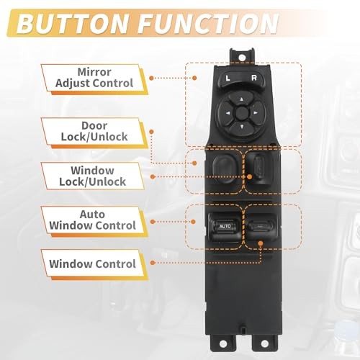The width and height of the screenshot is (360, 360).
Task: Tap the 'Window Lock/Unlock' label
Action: [94, 175]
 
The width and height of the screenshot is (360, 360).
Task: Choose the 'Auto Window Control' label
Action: [94, 220]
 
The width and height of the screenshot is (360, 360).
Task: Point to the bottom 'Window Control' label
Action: [92, 264]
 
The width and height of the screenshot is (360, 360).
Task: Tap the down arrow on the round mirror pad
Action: [237, 122]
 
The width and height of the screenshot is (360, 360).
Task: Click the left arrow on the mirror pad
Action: [226, 112]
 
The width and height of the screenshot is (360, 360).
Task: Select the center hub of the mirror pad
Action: [237, 112]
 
